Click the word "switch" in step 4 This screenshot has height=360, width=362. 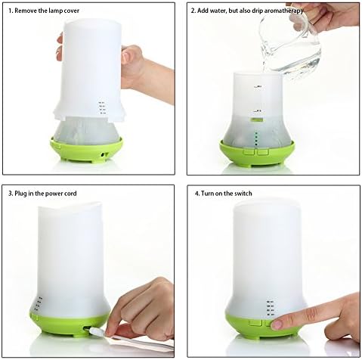[x=243, y=194]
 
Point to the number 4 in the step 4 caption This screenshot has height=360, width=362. [x=196, y=194]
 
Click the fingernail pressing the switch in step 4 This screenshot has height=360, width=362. [x=276, y=324]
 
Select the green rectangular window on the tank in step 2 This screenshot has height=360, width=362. [x=256, y=119]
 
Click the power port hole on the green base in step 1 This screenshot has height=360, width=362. [x=104, y=155]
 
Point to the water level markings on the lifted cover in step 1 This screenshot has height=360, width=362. [x=101, y=108]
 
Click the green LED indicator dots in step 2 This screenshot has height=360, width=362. [x=256, y=138]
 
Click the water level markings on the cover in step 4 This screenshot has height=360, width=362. [x=271, y=308]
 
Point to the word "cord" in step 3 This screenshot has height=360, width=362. [x=70, y=194]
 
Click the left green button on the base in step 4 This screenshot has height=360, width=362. [x=255, y=322]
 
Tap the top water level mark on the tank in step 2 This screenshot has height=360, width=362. [x=258, y=87]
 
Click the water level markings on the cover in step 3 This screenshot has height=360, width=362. [x=39, y=303]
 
